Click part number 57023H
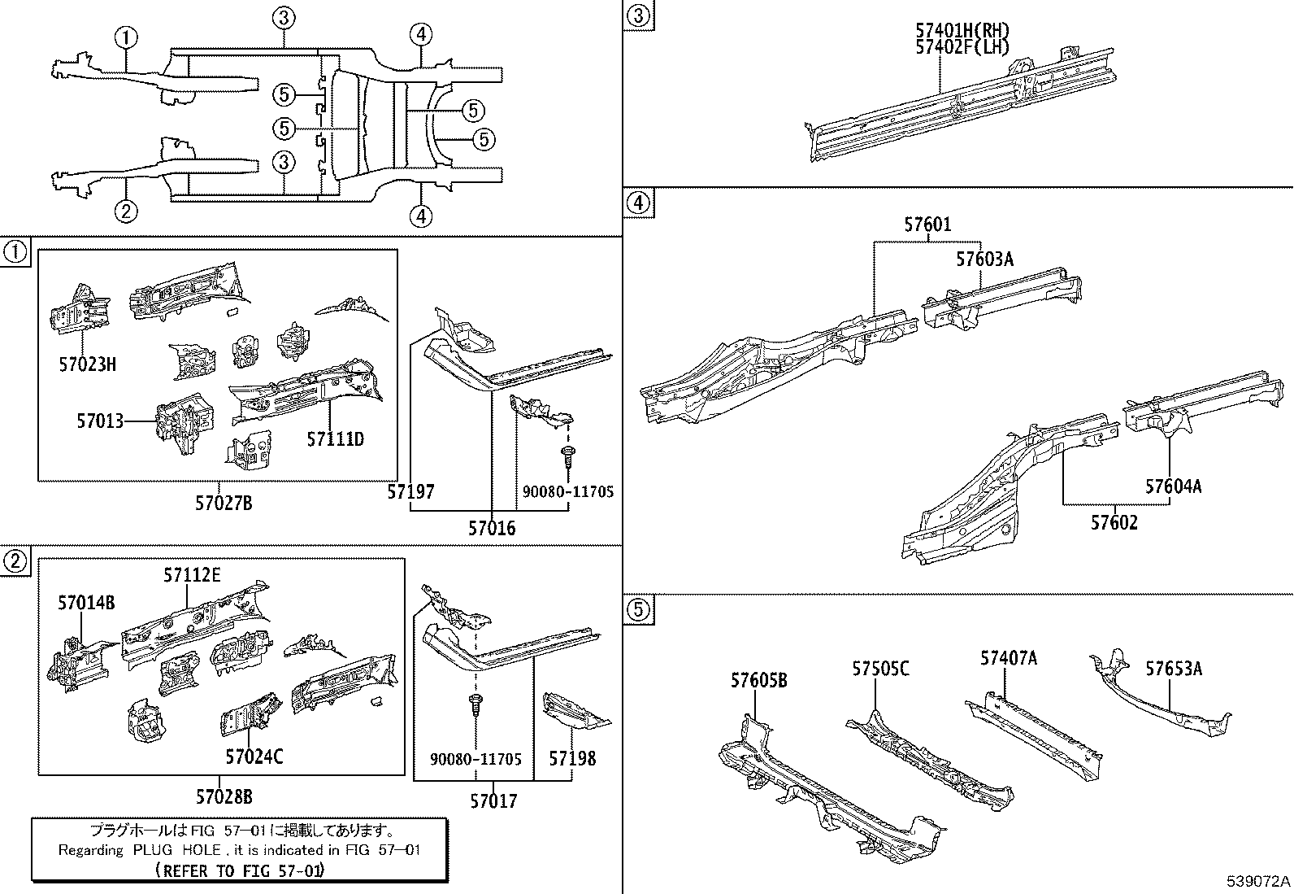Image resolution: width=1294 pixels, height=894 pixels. coord(87,364)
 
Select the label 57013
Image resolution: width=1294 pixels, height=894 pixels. coord(100,421)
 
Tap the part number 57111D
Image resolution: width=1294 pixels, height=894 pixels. coord(335,440)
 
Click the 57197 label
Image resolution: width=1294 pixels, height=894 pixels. coord(410,492)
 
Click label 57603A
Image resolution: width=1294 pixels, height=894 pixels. coord(984,259)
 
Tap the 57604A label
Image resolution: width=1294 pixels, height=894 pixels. coord(1173,486)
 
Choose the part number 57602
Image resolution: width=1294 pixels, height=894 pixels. coord(1114,522)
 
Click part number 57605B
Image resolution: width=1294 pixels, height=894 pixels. coord(758,681)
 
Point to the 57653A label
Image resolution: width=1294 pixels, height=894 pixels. coord(1174,669)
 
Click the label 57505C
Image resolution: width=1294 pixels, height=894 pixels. coord(880,669)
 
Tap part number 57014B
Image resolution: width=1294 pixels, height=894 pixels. coord(86,603)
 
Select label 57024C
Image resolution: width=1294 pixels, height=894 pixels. coord(254,757)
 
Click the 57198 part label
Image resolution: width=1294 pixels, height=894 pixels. coord(572,758)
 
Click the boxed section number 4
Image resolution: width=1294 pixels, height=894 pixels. coord(639,203)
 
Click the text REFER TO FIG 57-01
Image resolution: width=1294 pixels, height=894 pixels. coord(239,870)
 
